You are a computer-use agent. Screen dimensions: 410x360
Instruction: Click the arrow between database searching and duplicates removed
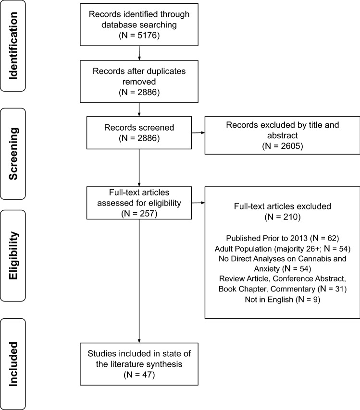click(x=139, y=53)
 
